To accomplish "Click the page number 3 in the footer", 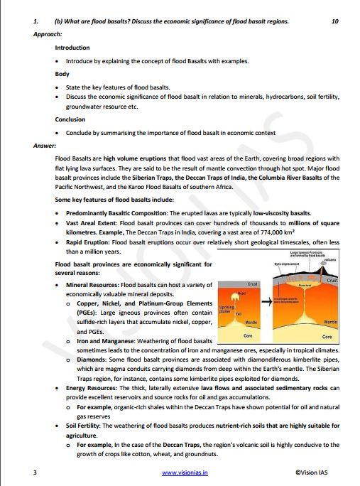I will [x=35, y=472].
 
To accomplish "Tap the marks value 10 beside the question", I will [x=335, y=22].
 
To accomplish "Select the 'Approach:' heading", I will [x=48, y=34].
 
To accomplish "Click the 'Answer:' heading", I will [x=45, y=145].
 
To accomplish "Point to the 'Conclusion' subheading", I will [x=70, y=119].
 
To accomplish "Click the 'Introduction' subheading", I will [x=72, y=48].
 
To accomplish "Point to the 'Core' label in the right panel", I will [x=327, y=336].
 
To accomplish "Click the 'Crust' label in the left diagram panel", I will [x=252, y=283].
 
